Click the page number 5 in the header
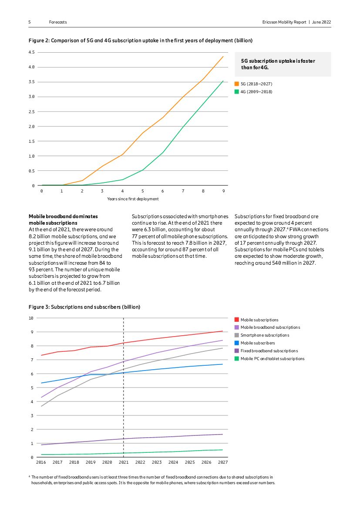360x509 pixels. click(x=30, y=22)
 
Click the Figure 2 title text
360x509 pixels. click(x=140, y=40)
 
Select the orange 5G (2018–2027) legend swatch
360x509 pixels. click(x=237, y=84)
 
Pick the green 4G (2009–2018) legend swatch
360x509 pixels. click(x=237, y=92)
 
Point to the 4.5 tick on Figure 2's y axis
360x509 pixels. click(x=31, y=52)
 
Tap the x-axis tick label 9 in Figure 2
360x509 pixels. click(x=224, y=191)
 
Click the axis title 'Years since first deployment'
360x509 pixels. click(x=133, y=199)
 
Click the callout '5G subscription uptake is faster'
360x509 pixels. click(x=278, y=61)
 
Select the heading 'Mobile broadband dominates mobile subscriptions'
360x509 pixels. click(x=63, y=219)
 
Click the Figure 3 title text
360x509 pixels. click(x=84, y=307)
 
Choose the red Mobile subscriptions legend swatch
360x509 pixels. click(x=237, y=320)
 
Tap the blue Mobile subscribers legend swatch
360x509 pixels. click(x=237, y=343)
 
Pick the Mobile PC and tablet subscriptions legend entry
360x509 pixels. click(x=272, y=359)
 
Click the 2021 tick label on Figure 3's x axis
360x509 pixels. click(x=124, y=462)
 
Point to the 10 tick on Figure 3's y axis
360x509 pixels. click(x=31, y=318)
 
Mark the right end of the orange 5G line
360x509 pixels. click(x=223, y=56)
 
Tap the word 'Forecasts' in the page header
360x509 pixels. click(x=58, y=22)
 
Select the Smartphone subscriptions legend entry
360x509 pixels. click(x=265, y=335)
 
